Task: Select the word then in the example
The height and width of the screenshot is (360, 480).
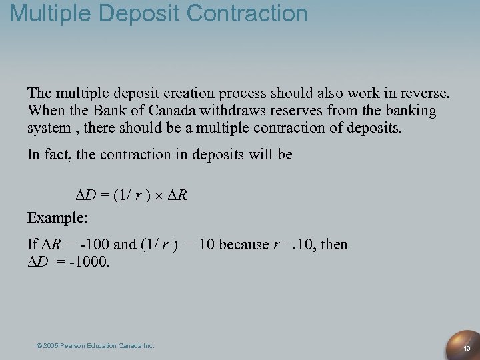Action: click(x=334, y=245)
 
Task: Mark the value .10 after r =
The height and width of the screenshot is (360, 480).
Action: click(x=304, y=245)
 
